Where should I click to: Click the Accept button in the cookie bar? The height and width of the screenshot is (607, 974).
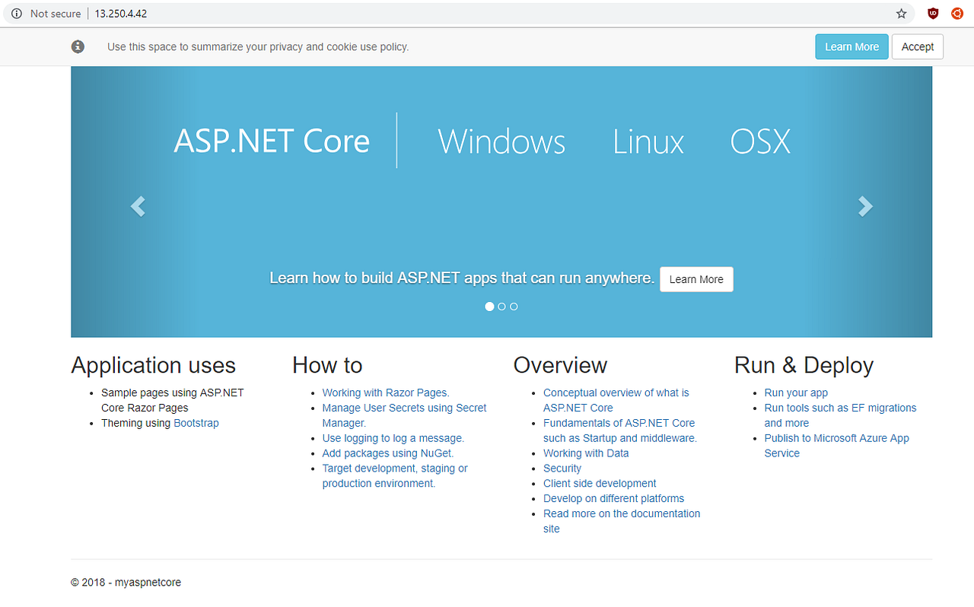[917, 46]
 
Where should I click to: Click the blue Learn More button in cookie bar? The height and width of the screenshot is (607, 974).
[851, 46]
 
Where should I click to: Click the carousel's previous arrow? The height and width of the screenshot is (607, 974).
[138, 206]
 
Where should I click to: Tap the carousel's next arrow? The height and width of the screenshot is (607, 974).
[865, 206]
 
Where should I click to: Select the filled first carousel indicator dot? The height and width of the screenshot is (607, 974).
[489, 307]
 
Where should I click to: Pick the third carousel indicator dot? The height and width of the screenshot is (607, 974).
[514, 307]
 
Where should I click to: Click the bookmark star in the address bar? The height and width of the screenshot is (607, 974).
[902, 14]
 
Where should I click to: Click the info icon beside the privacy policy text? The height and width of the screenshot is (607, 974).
[78, 46]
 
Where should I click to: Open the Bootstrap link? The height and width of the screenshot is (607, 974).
[196, 423]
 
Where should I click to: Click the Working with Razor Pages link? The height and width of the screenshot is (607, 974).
[386, 392]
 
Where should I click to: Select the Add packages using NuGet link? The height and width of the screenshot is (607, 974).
[388, 453]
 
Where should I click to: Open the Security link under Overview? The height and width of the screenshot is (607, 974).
[562, 469]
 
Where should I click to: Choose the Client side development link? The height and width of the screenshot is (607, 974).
[600, 484]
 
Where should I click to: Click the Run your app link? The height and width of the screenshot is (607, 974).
[796, 392]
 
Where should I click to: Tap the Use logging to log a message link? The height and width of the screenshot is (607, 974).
[393, 438]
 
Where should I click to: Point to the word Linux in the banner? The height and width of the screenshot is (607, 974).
[648, 142]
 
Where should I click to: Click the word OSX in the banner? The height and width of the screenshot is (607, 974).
[760, 142]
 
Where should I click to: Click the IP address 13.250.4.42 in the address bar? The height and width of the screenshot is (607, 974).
[120, 14]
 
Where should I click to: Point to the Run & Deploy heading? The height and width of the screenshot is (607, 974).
[804, 365]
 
